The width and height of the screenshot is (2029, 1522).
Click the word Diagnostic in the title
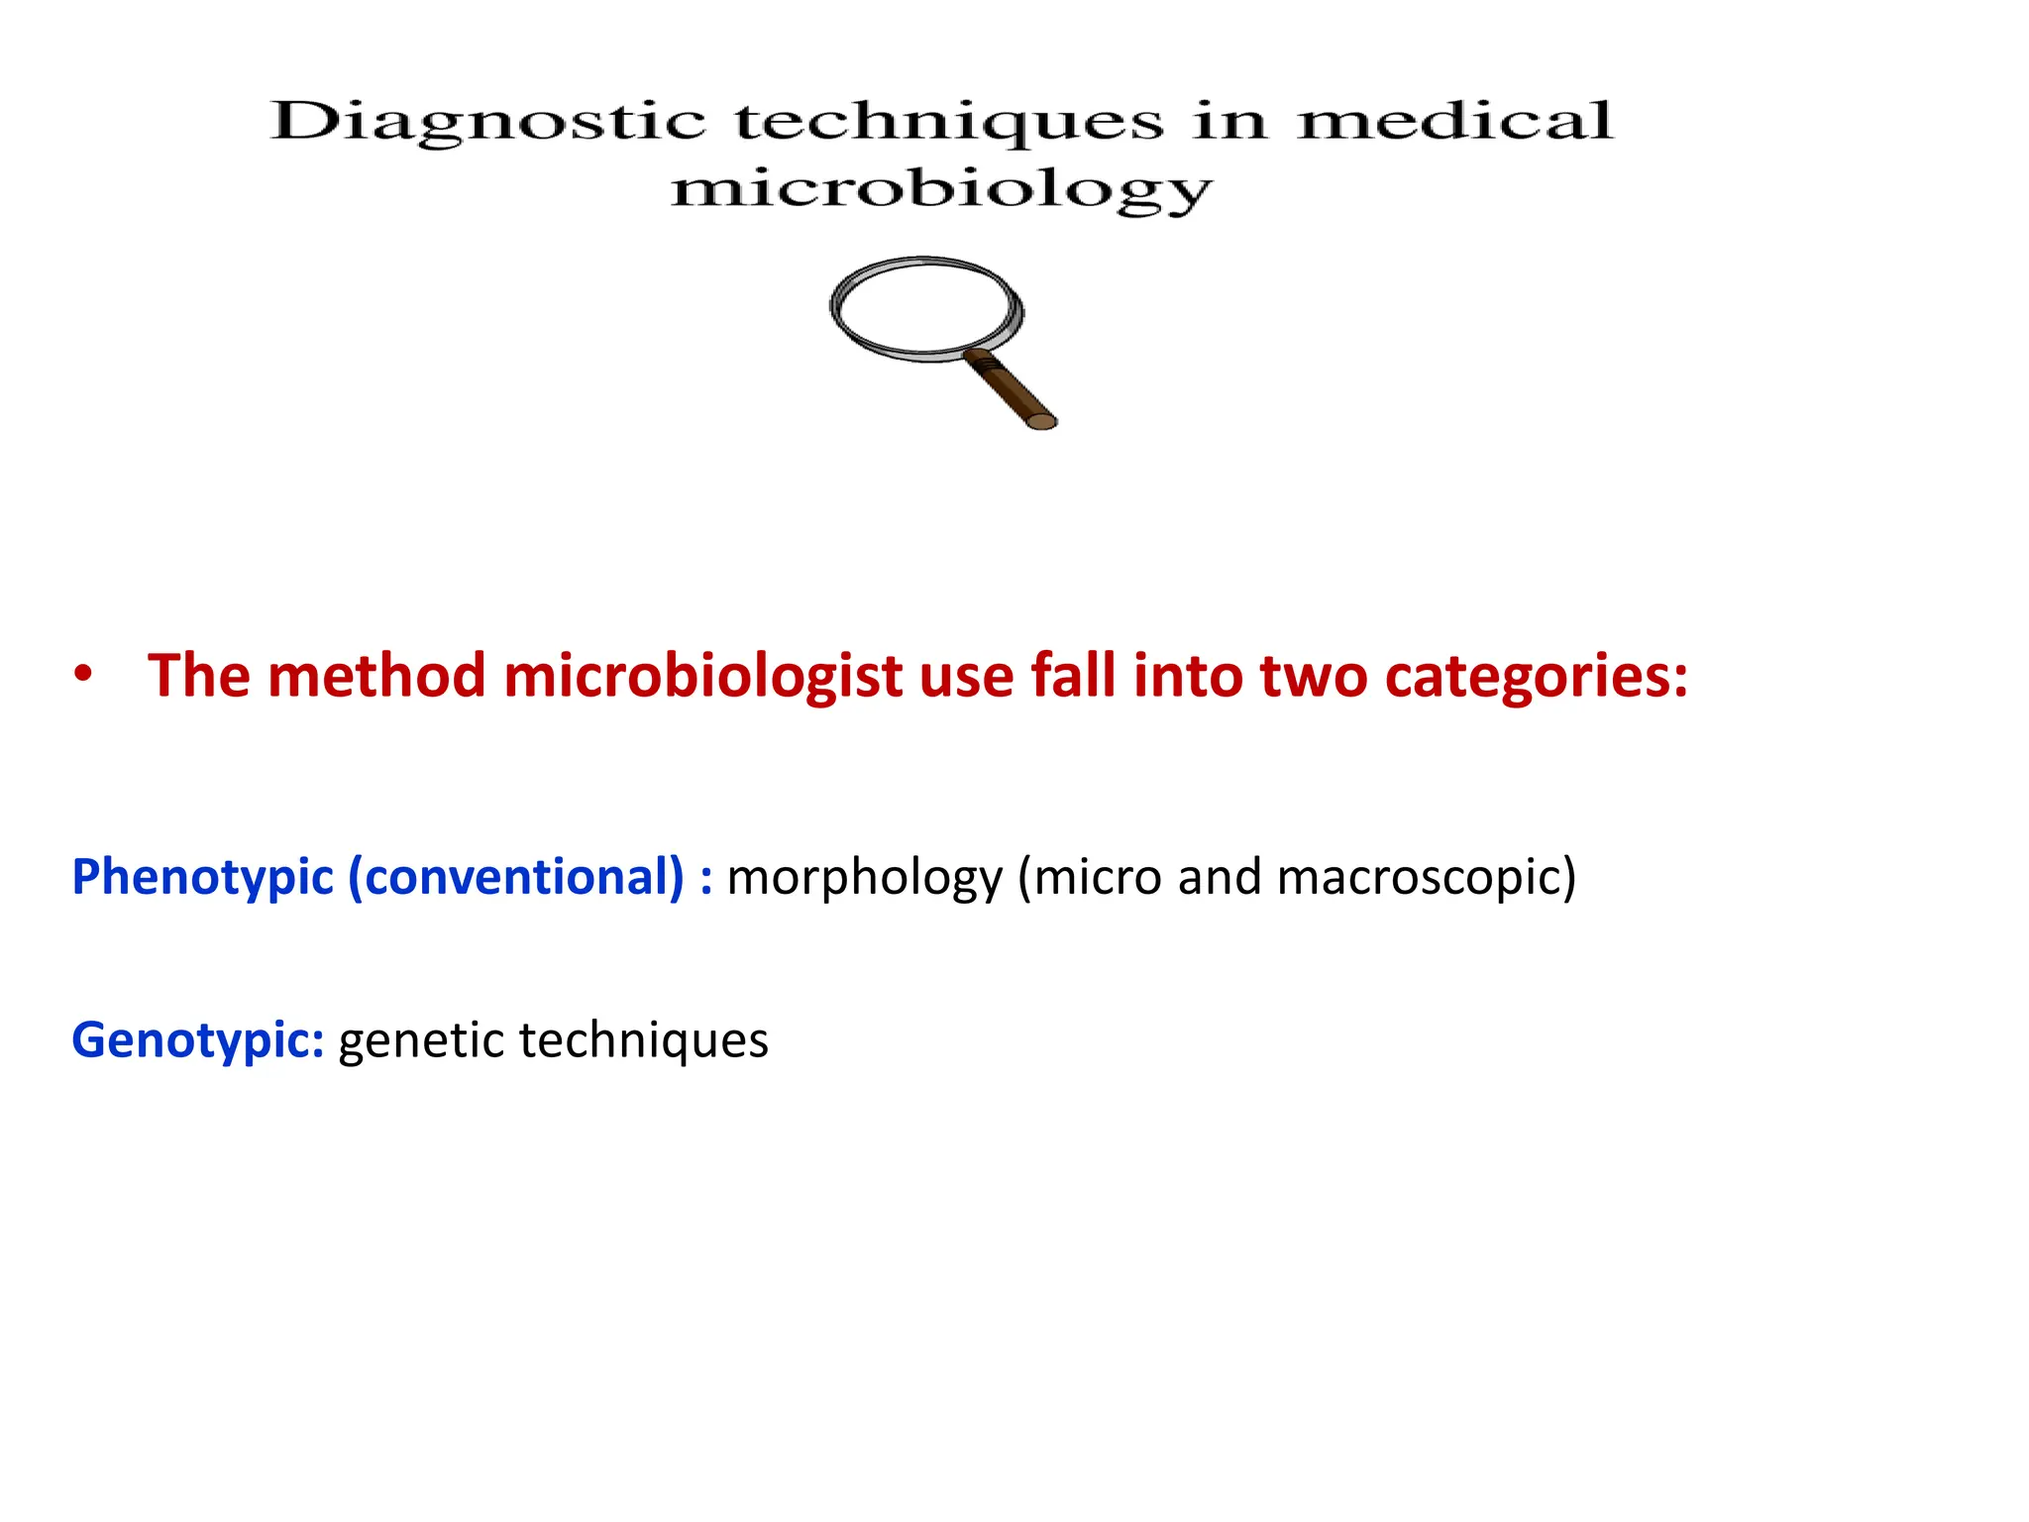click(x=487, y=122)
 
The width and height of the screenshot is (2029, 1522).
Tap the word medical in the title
click(x=1454, y=122)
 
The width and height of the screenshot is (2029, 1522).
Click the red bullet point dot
click(x=83, y=675)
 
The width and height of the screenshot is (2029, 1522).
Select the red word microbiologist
click(x=702, y=677)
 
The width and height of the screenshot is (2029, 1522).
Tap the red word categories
click(x=1536, y=677)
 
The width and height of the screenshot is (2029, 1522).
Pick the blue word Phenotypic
click(x=203, y=878)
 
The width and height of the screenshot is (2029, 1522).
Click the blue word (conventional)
click(x=516, y=878)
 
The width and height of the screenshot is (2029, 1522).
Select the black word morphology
click(x=865, y=878)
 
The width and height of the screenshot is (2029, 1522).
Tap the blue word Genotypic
click(x=197, y=1041)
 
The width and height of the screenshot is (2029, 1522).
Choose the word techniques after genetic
click(x=644, y=1041)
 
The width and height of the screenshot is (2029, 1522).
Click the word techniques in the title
click(x=949, y=122)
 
